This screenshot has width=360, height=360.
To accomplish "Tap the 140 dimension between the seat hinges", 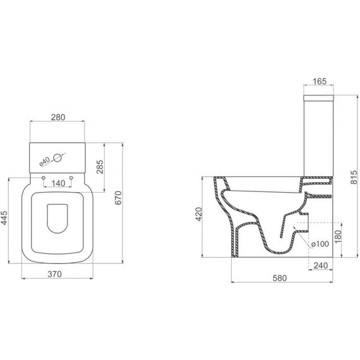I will pos(57,183).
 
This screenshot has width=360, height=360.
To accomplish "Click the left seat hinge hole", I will pos(42,177).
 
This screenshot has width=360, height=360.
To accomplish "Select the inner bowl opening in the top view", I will pos(57,217).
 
